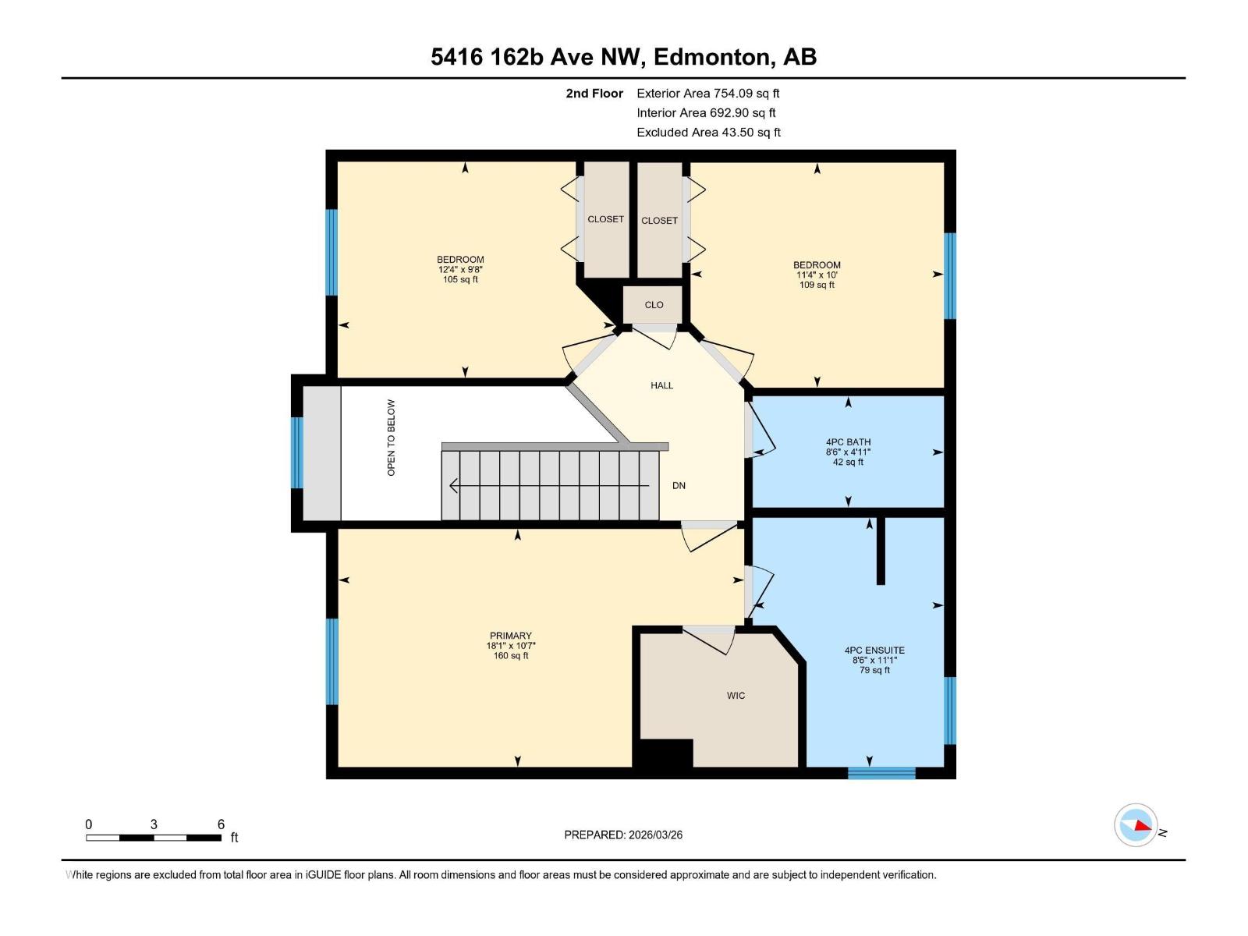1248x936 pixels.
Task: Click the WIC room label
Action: pos(736,695)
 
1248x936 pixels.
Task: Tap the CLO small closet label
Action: pos(654,305)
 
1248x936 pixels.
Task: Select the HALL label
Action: pos(661,385)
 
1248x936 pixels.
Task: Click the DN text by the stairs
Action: pos(679,485)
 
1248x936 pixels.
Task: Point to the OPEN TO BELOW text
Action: pos(391,438)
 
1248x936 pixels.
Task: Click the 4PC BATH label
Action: pos(848,442)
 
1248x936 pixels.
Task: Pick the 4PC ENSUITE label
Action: pos(874,650)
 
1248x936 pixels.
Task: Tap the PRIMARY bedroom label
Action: pos(511,636)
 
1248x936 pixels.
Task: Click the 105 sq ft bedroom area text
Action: pos(460,279)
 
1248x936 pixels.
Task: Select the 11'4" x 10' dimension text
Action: pos(817,275)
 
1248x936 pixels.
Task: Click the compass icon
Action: pos(1136,825)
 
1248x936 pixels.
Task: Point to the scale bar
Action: pos(154,838)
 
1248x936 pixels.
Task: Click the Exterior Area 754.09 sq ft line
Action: pos(707,93)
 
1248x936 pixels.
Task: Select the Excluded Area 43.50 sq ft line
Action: pos(708,132)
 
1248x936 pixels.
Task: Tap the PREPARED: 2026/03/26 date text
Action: pos(623,835)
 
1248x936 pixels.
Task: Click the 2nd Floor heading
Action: pos(594,93)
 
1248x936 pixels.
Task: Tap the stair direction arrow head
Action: pos(453,486)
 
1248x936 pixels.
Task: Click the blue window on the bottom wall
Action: pos(881,773)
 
